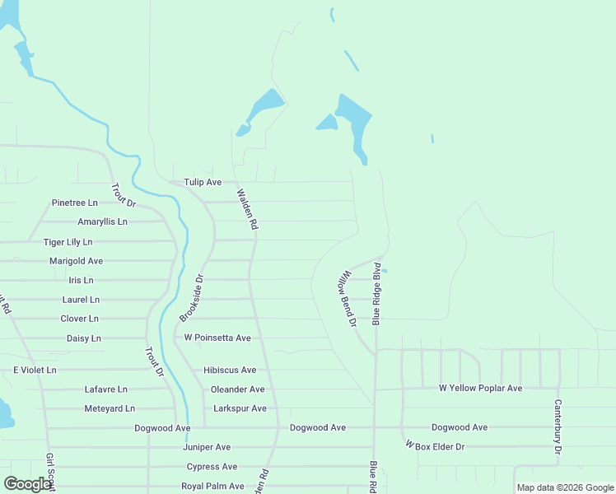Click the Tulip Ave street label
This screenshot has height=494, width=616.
click(x=203, y=182)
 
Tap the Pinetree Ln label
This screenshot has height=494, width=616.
click(x=74, y=203)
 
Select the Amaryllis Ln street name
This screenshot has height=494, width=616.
click(x=102, y=222)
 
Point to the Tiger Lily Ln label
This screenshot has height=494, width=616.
click(x=68, y=242)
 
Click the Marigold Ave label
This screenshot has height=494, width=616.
click(x=76, y=261)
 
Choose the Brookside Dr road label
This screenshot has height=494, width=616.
click(x=191, y=299)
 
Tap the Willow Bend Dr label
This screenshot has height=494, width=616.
click(x=345, y=298)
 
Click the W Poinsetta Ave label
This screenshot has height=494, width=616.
click(x=217, y=338)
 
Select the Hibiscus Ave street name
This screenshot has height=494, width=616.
click(x=230, y=370)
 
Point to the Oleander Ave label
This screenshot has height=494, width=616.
click(x=237, y=389)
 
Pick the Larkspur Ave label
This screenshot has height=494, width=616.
click(x=240, y=408)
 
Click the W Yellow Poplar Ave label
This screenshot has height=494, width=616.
click(x=480, y=388)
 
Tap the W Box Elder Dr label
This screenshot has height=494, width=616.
click(x=435, y=446)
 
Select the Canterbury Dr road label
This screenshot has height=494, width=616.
click(x=558, y=427)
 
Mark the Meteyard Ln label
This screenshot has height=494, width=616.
click(x=110, y=408)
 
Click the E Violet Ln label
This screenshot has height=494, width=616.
click(x=35, y=370)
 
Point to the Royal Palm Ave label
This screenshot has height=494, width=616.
click(x=212, y=487)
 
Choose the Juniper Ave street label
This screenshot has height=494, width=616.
click(x=206, y=447)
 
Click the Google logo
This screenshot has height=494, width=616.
click(x=27, y=484)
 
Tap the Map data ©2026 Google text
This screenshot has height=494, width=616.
click(x=564, y=487)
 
